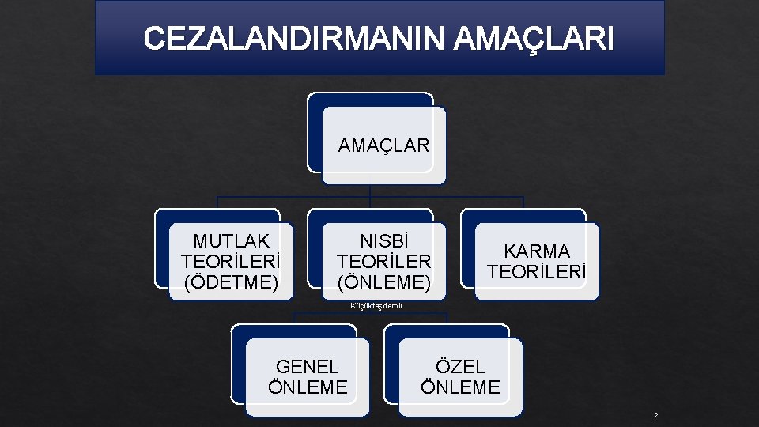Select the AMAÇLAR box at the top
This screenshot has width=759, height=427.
click(x=383, y=145)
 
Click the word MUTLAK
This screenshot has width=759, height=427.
click(x=231, y=241)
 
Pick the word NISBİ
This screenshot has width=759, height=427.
click(x=383, y=241)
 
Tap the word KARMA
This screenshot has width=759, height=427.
click(x=537, y=251)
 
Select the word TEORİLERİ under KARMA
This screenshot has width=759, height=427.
click(x=537, y=272)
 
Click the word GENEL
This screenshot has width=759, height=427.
click(x=307, y=367)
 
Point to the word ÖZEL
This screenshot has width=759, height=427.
click(x=460, y=367)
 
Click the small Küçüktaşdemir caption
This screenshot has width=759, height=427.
click(x=376, y=306)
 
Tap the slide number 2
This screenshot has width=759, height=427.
click(x=655, y=416)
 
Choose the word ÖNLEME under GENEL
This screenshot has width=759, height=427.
click(x=308, y=387)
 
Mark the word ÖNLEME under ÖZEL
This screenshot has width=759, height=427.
click(x=460, y=387)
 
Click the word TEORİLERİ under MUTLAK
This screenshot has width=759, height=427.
click(x=231, y=262)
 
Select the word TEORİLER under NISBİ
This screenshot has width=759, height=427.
click(x=383, y=262)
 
